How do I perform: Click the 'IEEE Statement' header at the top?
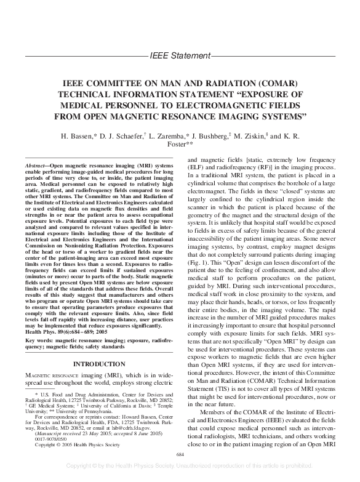[180, 56]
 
